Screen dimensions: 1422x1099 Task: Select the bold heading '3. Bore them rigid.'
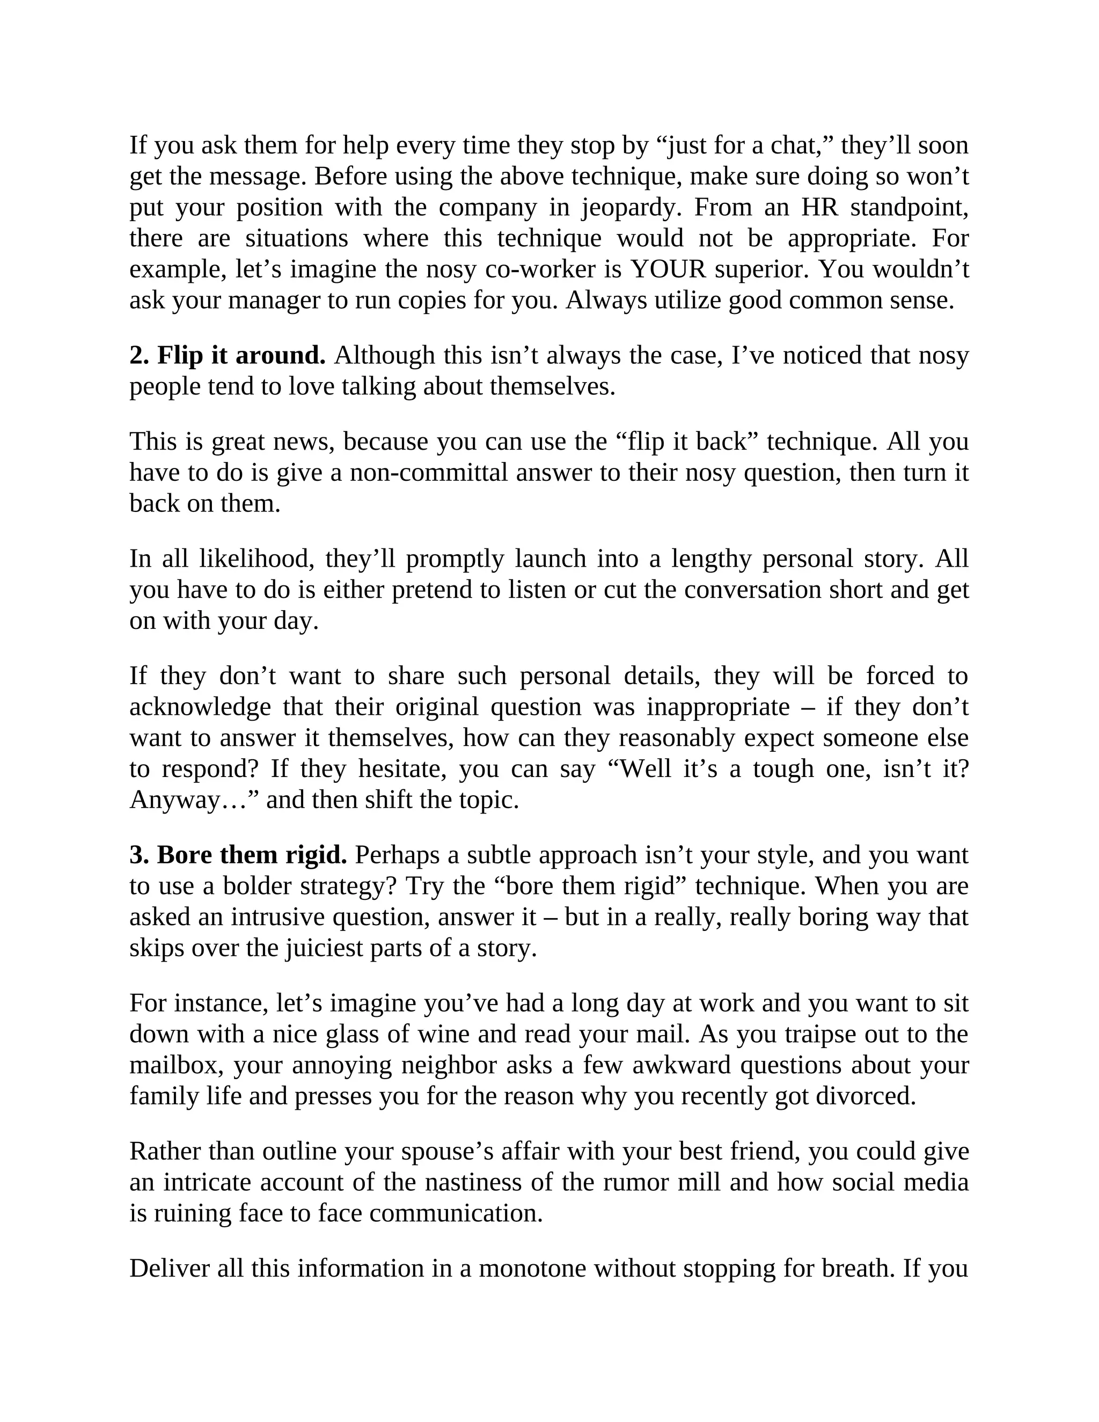click(238, 855)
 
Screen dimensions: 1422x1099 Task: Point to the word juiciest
click(324, 949)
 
